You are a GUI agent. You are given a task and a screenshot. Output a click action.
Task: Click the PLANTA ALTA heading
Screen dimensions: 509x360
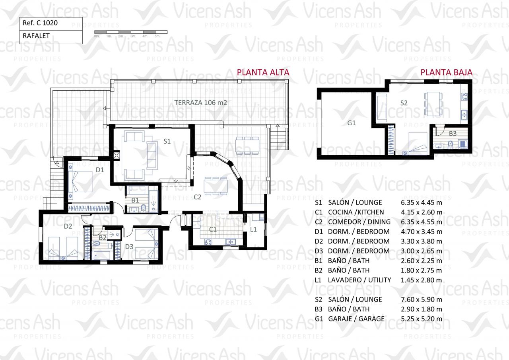pyautogui.click(x=263, y=72)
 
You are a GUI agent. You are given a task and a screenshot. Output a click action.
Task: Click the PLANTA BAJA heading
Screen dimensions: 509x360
pyautogui.click(x=446, y=72)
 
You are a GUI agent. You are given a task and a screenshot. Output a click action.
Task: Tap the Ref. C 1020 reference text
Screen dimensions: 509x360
pyautogui.click(x=40, y=23)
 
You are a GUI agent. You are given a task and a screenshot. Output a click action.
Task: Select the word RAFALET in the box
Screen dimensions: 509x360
pyautogui.click(x=36, y=36)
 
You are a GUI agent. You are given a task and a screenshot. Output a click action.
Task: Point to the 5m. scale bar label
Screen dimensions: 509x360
pyautogui.click(x=157, y=36)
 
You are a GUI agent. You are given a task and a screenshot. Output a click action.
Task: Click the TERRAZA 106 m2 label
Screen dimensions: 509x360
pyautogui.click(x=200, y=103)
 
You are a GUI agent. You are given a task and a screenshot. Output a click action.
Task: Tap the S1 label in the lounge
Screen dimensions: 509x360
pyautogui.click(x=167, y=141)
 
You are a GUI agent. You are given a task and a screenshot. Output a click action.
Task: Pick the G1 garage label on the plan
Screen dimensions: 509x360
pyautogui.click(x=351, y=123)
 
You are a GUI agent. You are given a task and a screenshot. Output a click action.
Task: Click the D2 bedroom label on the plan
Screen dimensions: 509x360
pyautogui.click(x=68, y=226)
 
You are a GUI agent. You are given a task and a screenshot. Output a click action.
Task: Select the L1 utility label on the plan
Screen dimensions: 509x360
pyautogui.click(x=253, y=229)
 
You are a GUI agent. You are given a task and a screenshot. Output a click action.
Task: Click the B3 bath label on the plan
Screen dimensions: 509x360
pyautogui.click(x=453, y=133)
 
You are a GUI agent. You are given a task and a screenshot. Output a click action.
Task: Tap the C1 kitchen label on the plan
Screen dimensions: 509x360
pyautogui.click(x=213, y=230)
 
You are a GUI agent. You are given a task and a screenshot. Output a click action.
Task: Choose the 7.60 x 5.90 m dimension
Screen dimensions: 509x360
pyautogui.click(x=422, y=300)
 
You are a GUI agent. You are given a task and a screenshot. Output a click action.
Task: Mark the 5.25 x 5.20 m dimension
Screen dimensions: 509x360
pyautogui.click(x=422, y=319)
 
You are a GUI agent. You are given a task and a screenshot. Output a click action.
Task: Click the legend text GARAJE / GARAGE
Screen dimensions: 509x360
pyautogui.click(x=356, y=319)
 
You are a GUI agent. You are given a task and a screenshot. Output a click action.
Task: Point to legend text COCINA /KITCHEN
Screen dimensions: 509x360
pyautogui.click(x=356, y=212)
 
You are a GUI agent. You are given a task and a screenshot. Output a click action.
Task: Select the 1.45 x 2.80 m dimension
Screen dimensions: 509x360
pyautogui.click(x=422, y=280)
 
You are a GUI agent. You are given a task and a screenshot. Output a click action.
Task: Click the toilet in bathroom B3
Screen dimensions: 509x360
pyautogui.click(x=451, y=145)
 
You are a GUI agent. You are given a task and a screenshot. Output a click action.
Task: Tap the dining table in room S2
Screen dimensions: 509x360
pyautogui.click(x=433, y=104)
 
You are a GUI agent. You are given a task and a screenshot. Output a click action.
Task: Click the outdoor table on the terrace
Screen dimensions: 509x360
pyautogui.click(x=247, y=146)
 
